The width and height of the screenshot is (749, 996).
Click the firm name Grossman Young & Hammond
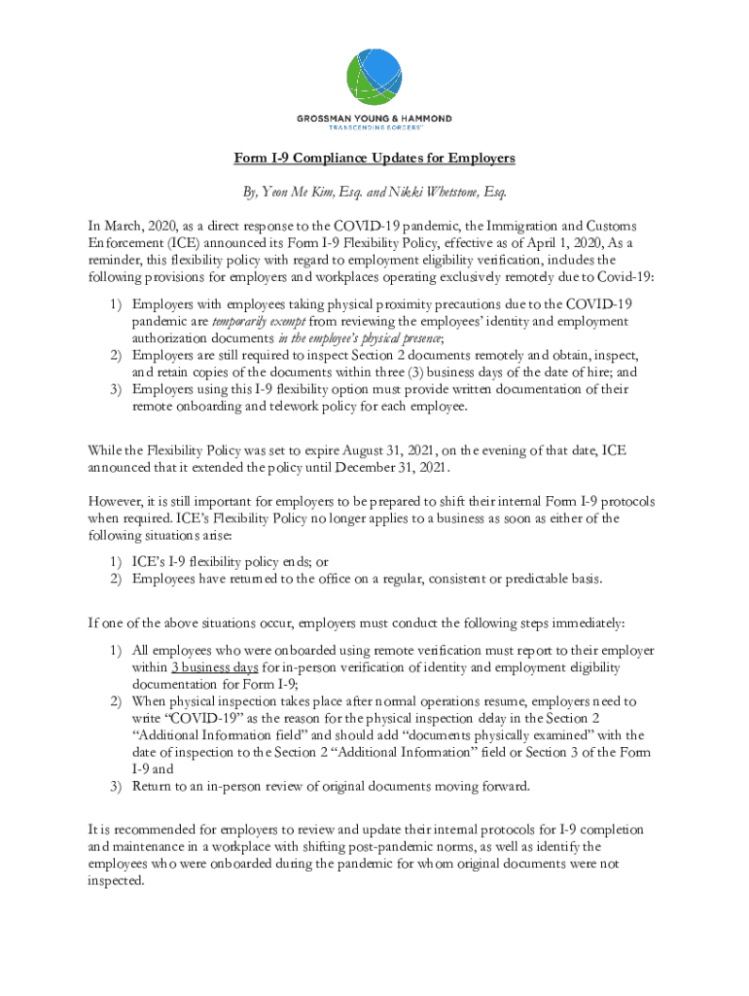(x=374, y=120)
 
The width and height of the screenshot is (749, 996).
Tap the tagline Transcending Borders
(x=374, y=129)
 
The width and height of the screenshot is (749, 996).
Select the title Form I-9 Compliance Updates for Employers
(x=374, y=158)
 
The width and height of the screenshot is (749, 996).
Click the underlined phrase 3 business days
(x=214, y=668)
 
